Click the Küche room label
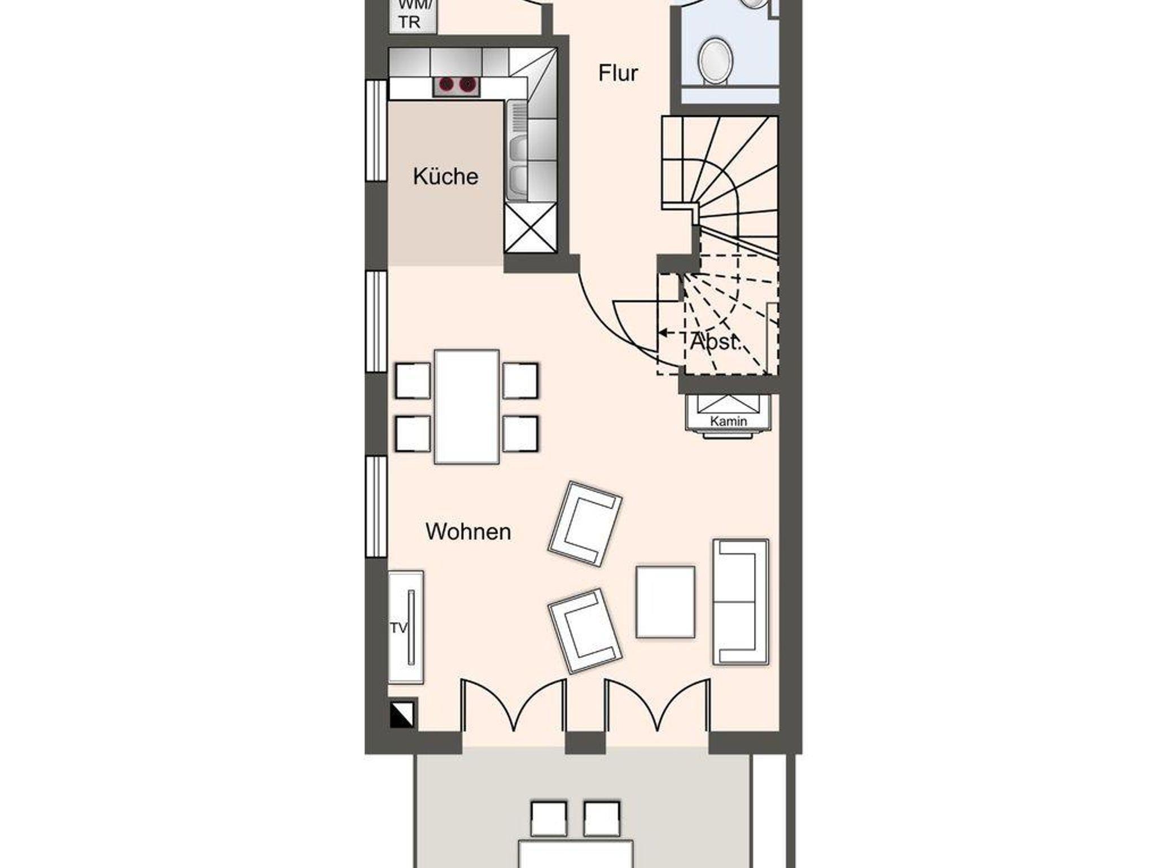click(445, 177)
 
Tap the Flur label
click(618, 73)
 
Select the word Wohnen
click(468, 532)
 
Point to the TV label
click(399, 628)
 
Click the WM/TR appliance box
click(413, 16)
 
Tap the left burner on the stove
click(446, 85)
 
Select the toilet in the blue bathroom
click(715, 62)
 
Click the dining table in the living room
click(467, 407)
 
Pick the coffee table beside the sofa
click(665, 602)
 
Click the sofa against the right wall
click(741, 602)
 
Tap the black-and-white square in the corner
click(402, 714)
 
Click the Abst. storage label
click(715, 342)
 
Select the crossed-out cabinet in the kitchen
click(531, 227)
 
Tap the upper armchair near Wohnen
click(585, 523)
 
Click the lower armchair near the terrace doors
click(585, 631)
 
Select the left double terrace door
click(514, 705)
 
